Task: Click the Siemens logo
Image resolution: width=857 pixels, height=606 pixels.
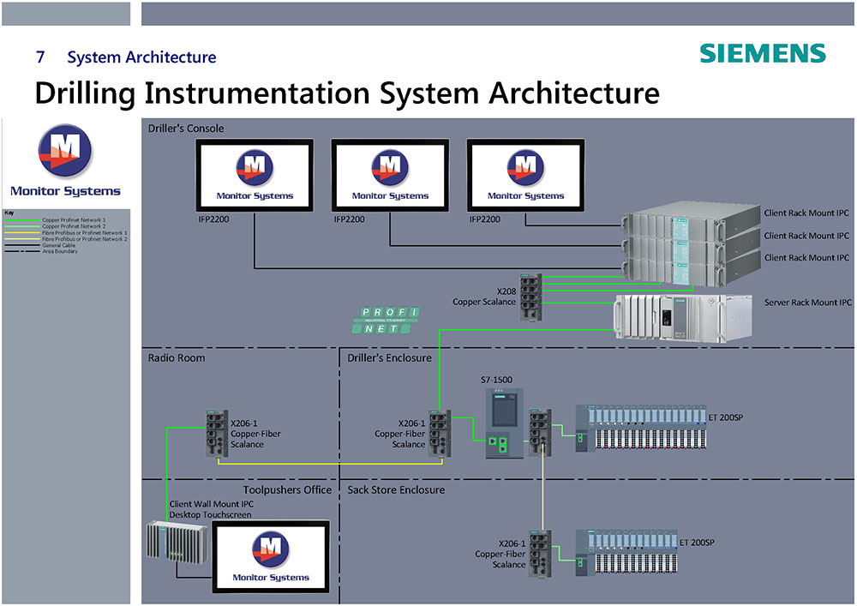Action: [x=762, y=53]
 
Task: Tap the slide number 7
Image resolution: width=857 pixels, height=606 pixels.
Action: [x=40, y=58]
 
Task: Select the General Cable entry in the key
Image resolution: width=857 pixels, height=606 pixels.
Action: [x=59, y=245]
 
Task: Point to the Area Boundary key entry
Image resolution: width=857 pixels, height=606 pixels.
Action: [x=59, y=251]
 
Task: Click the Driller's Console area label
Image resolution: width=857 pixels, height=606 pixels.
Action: [x=186, y=129]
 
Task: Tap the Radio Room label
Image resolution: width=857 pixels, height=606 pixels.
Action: [x=177, y=357]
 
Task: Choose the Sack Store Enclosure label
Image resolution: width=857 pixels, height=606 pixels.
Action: [x=396, y=489]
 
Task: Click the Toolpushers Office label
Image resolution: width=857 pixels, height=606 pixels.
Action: [x=286, y=489]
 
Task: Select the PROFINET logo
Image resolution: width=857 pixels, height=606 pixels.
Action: [x=384, y=320]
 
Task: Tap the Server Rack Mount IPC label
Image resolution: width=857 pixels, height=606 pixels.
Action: [x=807, y=303]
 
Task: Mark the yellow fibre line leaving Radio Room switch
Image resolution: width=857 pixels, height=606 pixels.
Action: [x=330, y=463]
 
